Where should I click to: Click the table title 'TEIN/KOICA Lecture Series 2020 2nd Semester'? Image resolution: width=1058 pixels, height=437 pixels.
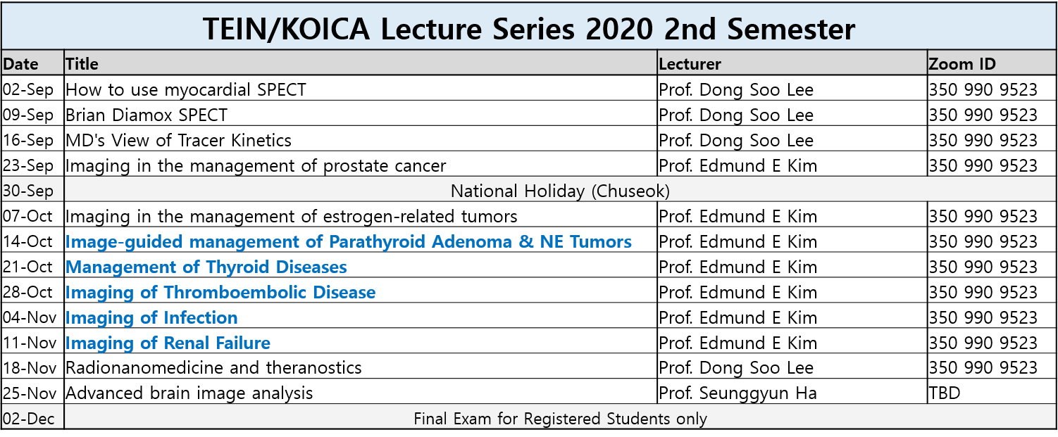[528, 29]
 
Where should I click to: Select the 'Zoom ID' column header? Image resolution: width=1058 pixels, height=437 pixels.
[962, 64]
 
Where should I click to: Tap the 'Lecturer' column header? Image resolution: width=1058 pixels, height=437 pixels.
[690, 64]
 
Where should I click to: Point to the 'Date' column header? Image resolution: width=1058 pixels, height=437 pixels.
[21, 64]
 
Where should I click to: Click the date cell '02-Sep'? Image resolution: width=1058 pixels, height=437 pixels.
[28, 89]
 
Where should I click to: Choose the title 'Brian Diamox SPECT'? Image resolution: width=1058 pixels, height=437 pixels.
[147, 115]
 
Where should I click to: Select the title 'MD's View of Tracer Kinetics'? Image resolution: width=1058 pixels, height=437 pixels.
[178, 141]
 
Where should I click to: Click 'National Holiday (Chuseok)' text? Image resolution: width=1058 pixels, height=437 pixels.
[560, 191]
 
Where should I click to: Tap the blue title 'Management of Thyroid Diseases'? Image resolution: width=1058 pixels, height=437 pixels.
[206, 267]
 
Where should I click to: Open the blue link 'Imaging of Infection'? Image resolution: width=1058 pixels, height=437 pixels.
[151, 317]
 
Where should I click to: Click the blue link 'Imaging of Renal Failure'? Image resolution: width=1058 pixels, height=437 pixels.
[168, 343]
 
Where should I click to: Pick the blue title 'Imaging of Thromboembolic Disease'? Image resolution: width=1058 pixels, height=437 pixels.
[220, 293]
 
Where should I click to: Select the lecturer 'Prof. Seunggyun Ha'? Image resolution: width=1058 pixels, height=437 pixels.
[738, 393]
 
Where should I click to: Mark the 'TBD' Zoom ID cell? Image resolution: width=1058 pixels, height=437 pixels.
[944, 393]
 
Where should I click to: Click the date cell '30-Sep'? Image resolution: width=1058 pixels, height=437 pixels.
[28, 191]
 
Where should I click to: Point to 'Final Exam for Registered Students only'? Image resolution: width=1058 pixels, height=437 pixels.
[560, 419]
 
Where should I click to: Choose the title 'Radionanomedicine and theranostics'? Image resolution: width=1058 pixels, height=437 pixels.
[213, 367]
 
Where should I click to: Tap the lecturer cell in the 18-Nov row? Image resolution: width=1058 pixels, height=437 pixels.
[736, 367]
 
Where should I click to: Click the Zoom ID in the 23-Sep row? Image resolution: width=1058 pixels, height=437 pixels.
[983, 165]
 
